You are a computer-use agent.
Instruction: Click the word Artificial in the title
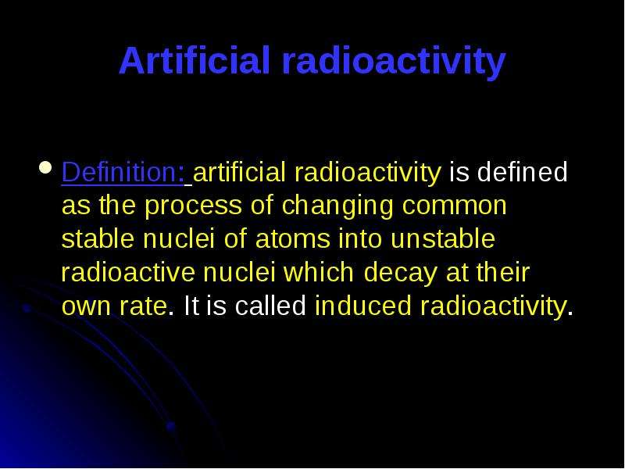coord(195,60)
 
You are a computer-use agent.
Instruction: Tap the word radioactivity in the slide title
coord(394,63)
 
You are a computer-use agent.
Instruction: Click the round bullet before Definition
coord(46,167)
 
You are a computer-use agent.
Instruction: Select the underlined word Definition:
coord(123,172)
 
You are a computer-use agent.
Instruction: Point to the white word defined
coord(522,172)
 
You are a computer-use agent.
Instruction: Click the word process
coord(193,206)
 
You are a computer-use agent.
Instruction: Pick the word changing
coord(337,206)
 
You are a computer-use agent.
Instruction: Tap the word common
coord(455,206)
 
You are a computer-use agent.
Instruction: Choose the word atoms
coord(292,239)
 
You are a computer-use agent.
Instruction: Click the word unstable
coord(442,238)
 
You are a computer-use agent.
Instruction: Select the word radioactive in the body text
coord(128,272)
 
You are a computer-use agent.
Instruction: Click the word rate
coord(143,306)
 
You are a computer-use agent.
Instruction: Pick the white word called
coord(270,306)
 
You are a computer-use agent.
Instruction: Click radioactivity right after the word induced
coord(493,307)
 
